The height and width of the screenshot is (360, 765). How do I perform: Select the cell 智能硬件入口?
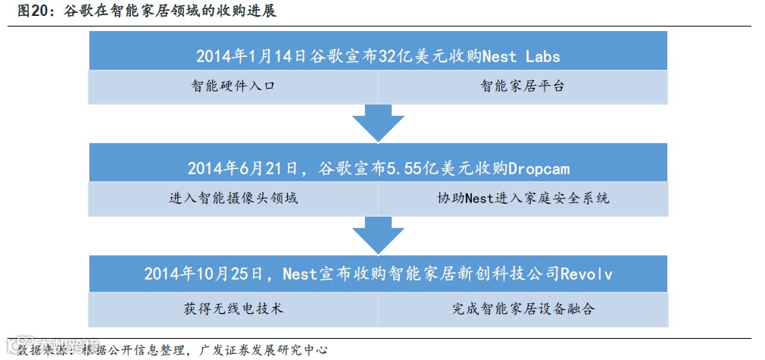(233, 86)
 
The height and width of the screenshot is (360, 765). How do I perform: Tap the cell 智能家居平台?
(522, 86)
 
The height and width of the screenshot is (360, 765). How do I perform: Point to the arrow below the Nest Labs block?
(378, 123)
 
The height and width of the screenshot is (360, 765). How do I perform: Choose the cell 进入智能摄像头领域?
(233, 199)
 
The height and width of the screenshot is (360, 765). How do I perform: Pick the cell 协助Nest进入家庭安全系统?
(523, 199)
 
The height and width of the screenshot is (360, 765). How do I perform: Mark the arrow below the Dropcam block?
(378, 235)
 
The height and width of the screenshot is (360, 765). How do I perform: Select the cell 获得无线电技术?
(233, 308)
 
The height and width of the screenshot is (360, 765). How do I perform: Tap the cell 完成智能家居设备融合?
(523, 308)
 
